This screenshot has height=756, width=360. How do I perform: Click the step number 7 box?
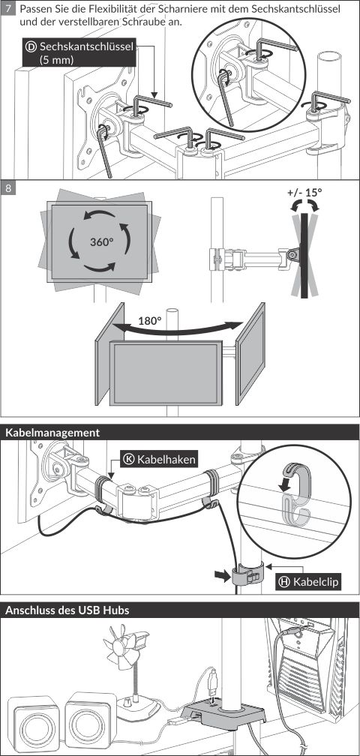7,9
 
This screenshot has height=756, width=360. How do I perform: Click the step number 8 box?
7,187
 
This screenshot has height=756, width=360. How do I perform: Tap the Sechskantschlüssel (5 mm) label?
79,53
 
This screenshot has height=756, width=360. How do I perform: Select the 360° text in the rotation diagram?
102,241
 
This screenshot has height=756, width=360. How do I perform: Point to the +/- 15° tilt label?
304,192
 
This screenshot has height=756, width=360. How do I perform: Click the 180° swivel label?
150,321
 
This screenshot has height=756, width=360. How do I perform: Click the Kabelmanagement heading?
52,433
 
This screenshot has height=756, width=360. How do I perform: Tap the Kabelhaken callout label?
160,459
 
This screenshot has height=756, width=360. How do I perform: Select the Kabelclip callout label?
308,582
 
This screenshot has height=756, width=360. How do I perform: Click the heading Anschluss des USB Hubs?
67,610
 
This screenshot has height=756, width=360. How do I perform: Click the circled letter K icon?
129,459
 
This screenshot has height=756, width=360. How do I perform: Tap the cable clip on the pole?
247,574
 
